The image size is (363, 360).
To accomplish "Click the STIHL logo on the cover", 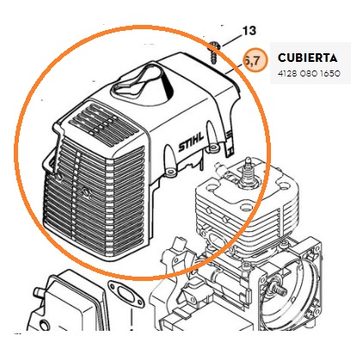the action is (x=191, y=142).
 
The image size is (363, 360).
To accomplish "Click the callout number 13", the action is (x=249, y=31).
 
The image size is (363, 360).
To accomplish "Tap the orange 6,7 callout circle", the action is (x=255, y=60).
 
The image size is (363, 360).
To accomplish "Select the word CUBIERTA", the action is (x=307, y=58).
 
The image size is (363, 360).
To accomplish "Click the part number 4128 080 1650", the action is (x=309, y=74).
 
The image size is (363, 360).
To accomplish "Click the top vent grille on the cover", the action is (x=103, y=125).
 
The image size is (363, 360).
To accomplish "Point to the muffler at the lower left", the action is (x=69, y=303).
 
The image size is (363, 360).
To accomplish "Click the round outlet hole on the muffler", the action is (x=45, y=326).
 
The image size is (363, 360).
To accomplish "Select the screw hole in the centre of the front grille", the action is (x=85, y=192).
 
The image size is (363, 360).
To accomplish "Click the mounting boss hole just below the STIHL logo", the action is (x=171, y=171).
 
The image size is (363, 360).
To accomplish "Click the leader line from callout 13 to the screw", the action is (x=231, y=41).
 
